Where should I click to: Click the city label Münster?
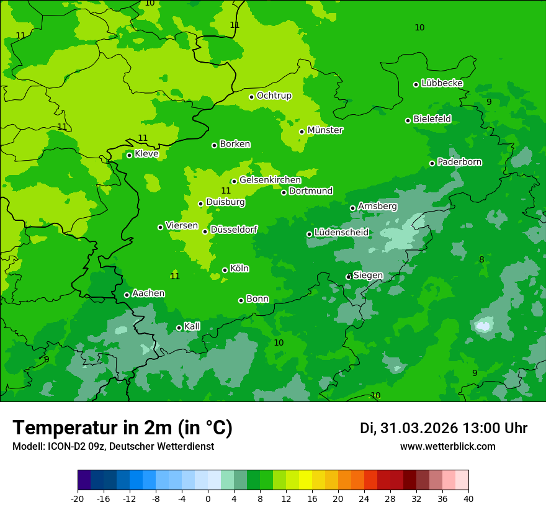click(325, 130)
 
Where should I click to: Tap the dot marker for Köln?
click(225, 270)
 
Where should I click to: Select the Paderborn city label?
click(459, 162)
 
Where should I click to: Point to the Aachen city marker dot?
click(127, 295)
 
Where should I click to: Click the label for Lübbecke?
click(442, 83)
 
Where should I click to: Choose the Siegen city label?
click(368, 275)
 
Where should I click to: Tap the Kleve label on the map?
click(146, 154)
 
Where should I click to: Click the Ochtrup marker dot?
click(251, 97)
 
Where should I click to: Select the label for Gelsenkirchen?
click(270, 180)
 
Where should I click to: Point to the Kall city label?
click(192, 326)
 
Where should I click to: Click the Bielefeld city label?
click(432, 119)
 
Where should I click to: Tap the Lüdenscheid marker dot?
click(309, 234)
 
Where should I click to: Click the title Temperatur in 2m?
click(122, 428)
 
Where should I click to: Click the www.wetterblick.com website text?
click(447, 446)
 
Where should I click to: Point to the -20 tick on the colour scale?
click(78, 498)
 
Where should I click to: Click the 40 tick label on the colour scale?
click(468, 498)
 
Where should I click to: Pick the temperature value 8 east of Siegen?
click(481, 259)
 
